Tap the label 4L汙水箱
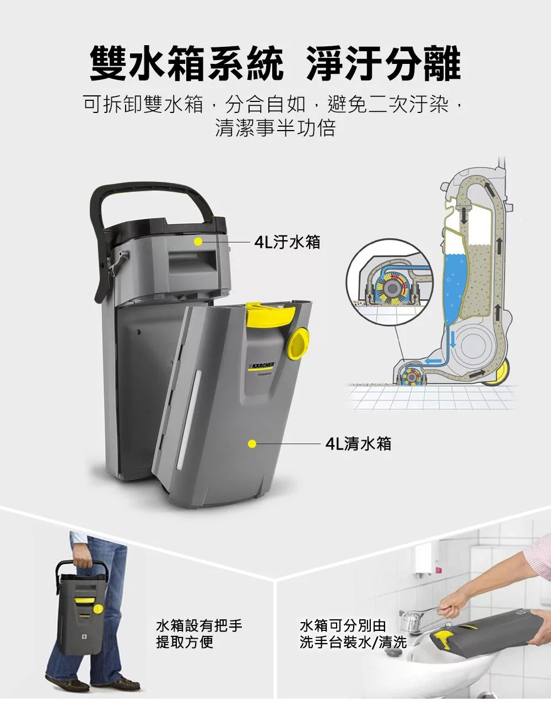coord(287,241)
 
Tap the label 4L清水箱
coord(358,444)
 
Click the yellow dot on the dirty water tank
coord(198,241)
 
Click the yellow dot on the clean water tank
coord(252,444)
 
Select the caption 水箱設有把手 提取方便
coord(199,634)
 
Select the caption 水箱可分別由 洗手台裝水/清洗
coord(353,634)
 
